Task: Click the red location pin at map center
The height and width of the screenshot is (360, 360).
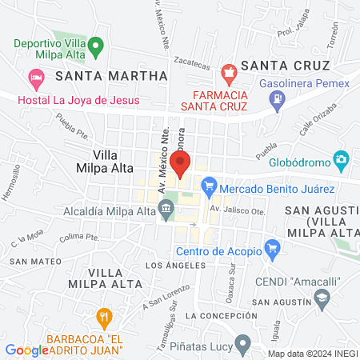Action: (x=180, y=164)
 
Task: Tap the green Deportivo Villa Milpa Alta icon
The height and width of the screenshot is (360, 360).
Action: (x=96, y=45)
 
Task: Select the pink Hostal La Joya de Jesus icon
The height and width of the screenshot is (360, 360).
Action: (x=34, y=78)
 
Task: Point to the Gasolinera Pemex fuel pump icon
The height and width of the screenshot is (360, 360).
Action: (x=278, y=101)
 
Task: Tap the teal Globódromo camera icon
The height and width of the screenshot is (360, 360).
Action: (x=342, y=159)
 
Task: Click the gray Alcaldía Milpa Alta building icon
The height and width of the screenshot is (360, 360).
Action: (x=166, y=210)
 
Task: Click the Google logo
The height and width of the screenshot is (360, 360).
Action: (x=27, y=350)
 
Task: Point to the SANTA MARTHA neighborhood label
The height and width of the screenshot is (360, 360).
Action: (x=111, y=75)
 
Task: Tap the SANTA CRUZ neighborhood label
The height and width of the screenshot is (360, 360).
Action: (x=285, y=65)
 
